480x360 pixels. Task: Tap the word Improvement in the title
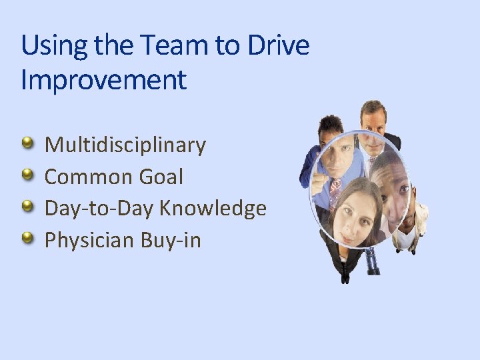pyautogui.click(x=103, y=81)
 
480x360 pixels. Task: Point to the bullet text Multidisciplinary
pyautogui.click(x=125, y=145)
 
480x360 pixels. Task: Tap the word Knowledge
pyautogui.click(x=213, y=209)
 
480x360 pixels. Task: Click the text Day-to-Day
pyautogui.click(x=99, y=209)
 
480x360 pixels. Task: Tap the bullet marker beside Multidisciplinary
pyautogui.click(x=27, y=143)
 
